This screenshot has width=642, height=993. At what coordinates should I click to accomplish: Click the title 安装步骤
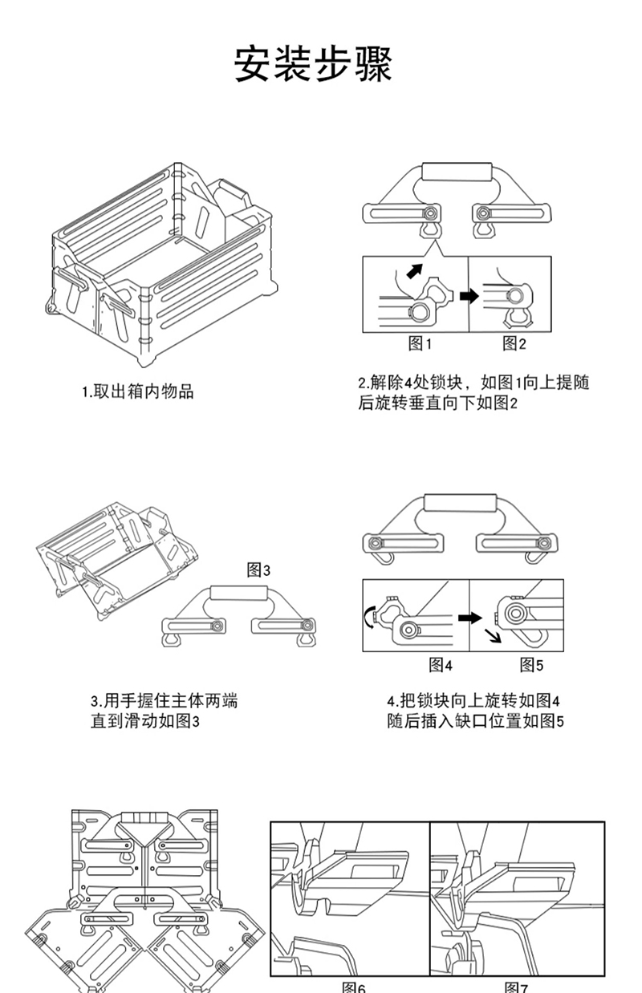[314, 64]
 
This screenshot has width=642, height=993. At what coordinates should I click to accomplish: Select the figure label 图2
[514, 344]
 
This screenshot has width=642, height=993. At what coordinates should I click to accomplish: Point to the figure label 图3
[258, 570]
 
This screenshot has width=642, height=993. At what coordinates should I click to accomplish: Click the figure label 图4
[441, 664]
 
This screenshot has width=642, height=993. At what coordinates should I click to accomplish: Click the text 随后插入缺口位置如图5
[474, 721]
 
